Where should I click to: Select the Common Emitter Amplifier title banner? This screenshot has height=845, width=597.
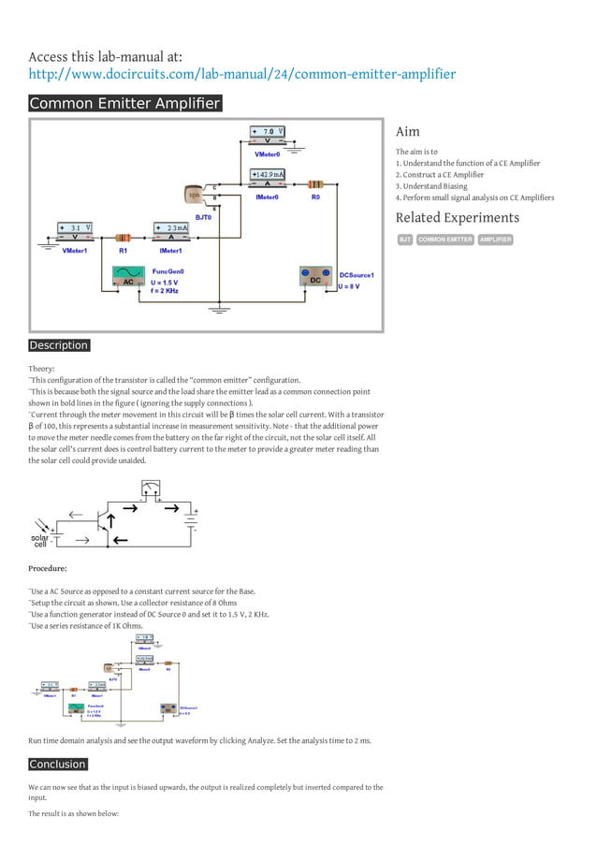click(x=125, y=103)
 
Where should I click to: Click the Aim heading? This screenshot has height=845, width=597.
click(x=407, y=132)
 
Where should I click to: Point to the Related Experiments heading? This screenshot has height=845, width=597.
click(x=457, y=218)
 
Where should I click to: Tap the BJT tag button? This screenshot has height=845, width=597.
click(x=405, y=240)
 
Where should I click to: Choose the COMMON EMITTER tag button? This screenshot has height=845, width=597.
click(x=445, y=240)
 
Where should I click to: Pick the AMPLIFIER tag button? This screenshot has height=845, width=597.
click(x=495, y=240)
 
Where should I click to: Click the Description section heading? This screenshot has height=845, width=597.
click(x=59, y=345)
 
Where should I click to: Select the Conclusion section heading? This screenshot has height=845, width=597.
click(x=58, y=765)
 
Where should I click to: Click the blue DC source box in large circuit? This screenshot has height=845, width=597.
click(x=316, y=278)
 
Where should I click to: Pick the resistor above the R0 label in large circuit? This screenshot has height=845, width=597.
click(x=315, y=183)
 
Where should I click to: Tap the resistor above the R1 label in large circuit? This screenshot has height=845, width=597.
click(x=123, y=237)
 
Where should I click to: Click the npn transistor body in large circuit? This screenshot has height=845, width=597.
click(x=195, y=195)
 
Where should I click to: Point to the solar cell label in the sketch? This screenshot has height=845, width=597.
click(x=40, y=541)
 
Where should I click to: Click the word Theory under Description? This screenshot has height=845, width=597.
click(x=41, y=370)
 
